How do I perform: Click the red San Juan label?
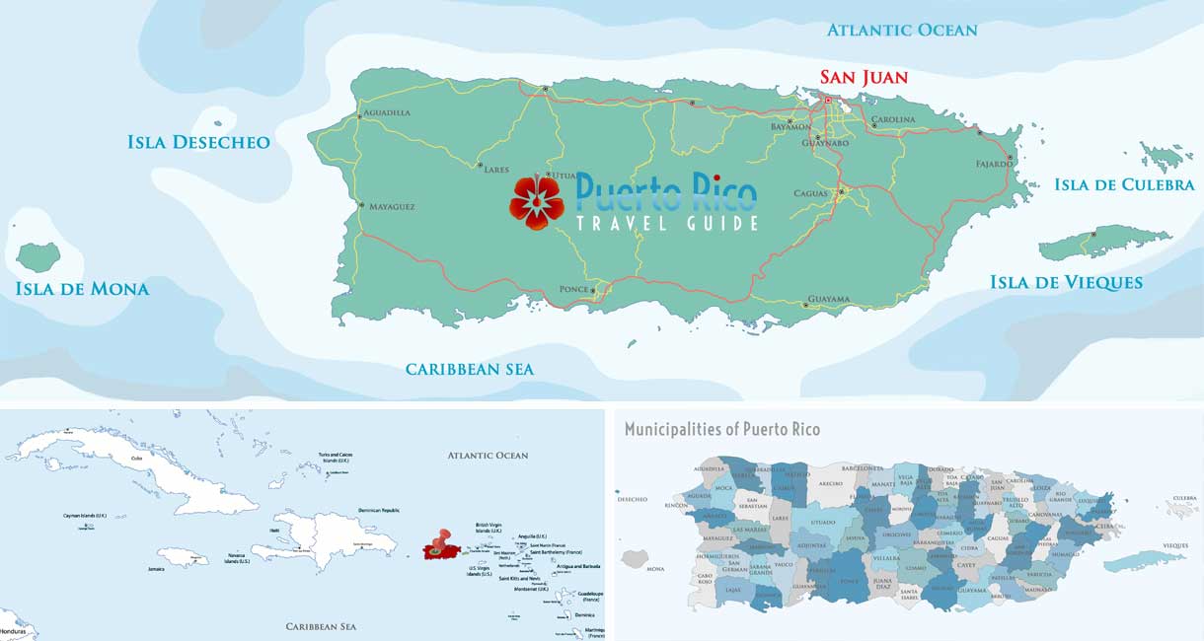(864, 76)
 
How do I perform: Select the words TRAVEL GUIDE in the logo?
(667, 224)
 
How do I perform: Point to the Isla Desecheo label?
(198, 142)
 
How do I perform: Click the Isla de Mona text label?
(82, 289)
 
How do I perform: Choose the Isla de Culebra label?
(1124, 184)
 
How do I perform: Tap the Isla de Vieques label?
(1066, 283)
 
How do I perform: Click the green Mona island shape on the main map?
(38, 256)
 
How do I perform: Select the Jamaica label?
(156, 569)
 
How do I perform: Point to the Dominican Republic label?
(379, 510)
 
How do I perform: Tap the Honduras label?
(13, 631)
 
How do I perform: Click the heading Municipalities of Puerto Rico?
(722, 429)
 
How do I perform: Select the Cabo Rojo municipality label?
(705, 578)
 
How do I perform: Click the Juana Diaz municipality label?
(855, 583)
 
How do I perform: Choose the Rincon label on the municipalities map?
(676, 505)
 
